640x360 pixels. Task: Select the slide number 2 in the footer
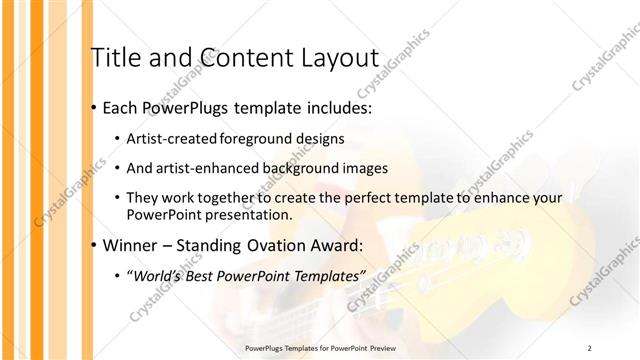point(590,347)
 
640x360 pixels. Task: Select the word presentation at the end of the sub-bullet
point(248,215)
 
